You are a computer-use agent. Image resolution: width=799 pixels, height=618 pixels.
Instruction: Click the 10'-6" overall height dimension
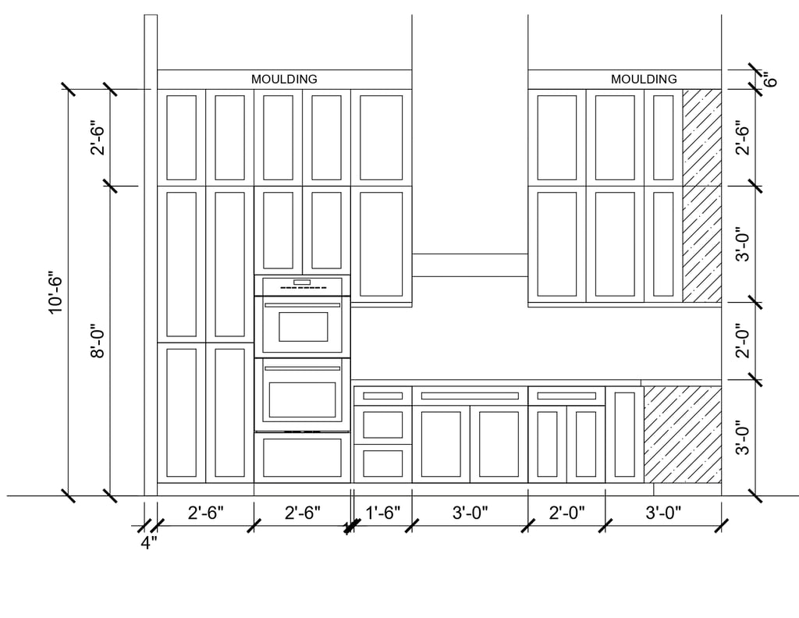(55, 293)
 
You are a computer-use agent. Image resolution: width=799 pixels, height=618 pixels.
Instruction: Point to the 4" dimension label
(148, 543)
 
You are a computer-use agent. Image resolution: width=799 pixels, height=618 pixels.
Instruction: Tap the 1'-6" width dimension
(382, 513)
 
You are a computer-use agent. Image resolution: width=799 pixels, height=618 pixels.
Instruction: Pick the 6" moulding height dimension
(771, 79)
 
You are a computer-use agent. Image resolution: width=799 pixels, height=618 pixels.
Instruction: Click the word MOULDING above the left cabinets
(284, 79)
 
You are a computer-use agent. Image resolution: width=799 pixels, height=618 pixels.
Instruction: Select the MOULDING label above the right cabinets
(644, 79)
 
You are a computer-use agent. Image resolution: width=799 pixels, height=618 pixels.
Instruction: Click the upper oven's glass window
(303, 326)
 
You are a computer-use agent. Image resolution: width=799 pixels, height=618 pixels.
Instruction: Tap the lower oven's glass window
(303, 400)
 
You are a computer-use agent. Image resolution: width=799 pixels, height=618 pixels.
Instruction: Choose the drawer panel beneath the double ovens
(303, 457)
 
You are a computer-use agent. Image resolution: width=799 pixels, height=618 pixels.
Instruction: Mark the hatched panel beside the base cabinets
(682, 434)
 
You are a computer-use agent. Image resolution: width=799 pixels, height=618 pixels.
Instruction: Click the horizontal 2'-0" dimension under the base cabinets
(566, 513)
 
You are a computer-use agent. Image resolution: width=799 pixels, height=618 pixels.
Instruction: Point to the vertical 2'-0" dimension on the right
(743, 341)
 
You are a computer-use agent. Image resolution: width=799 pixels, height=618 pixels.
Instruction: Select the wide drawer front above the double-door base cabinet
(469, 396)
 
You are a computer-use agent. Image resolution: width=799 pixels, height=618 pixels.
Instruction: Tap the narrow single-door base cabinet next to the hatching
(624, 434)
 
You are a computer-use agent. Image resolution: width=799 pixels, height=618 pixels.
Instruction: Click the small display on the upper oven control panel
(302, 282)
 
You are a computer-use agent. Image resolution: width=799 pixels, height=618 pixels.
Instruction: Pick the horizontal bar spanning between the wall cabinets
(470, 265)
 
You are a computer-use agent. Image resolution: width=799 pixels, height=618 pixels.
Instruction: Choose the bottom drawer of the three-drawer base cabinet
(382, 463)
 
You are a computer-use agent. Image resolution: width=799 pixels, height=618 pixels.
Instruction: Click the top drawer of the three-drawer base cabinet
(382, 396)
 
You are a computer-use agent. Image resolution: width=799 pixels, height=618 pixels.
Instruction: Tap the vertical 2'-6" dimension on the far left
(98, 137)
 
